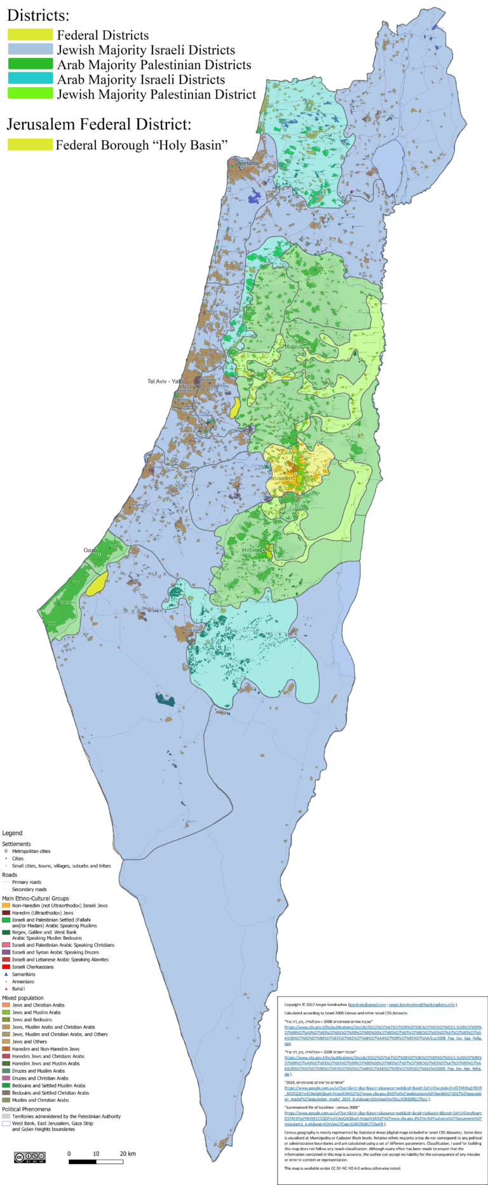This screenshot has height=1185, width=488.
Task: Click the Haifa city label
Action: pos(252,163)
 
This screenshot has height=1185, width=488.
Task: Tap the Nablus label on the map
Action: pos(294,347)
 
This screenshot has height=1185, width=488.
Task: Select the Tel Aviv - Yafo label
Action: pos(165,382)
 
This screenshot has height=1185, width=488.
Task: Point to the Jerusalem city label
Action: pos(281,478)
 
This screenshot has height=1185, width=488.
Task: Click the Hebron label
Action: pos(252,550)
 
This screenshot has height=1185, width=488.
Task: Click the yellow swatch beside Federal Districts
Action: pos(30,35)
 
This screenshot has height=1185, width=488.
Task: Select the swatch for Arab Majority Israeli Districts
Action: pos(30,79)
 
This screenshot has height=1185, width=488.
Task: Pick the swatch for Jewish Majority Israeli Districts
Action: pos(30,50)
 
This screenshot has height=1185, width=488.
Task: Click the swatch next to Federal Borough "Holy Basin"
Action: pos(30,145)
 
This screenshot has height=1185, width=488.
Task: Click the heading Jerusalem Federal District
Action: pos(98,124)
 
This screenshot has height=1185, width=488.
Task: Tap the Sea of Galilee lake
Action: pos(388,166)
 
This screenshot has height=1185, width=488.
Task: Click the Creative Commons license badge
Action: pos(30,1157)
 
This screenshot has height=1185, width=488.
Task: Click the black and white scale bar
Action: pos(95,1162)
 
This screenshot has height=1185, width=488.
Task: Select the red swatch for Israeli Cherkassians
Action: pos(6,967)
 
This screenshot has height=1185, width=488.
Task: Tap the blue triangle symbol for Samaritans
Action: pos(6,974)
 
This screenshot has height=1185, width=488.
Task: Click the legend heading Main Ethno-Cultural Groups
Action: pos(36,898)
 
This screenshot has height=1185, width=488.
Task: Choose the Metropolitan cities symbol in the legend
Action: pos(6,851)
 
